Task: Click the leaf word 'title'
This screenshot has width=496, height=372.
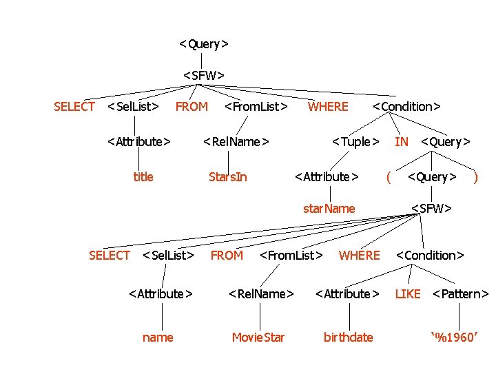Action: click(143, 177)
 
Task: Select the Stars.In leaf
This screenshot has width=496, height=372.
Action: click(228, 177)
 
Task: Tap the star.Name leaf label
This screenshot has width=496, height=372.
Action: click(329, 209)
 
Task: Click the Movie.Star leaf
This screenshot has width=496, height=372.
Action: click(258, 337)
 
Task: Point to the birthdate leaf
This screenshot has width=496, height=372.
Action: click(349, 337)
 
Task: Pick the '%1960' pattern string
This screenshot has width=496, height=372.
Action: click(454, 337)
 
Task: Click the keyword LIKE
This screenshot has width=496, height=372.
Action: click(407, 294)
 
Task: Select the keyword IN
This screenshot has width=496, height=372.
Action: click(401, 142)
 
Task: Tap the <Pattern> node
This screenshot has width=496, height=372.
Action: click(460, 294)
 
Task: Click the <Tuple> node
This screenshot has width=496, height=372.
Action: click(355, 142)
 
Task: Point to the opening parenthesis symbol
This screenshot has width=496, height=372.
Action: click(389, 177)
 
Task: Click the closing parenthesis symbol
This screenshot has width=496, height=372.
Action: click(475, 177)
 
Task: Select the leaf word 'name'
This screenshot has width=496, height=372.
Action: click(158, 337)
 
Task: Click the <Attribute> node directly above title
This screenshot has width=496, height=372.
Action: click(139, 142)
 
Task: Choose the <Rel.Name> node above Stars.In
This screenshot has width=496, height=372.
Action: click(236, 142)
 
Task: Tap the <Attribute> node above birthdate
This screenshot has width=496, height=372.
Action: click(347, 294)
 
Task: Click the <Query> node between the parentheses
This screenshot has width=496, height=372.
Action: click(432, 177)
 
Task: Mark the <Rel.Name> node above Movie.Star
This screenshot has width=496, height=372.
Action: click(261, 294)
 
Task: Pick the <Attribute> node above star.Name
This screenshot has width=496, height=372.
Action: click(327, 177)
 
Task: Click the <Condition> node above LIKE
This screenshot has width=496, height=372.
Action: click(430, 256)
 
